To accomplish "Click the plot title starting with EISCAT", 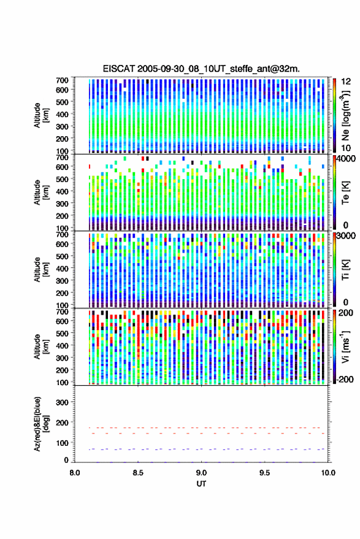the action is [201, 69].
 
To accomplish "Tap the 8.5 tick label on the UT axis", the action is [138, 473].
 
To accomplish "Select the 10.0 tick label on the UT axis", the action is [328, 473].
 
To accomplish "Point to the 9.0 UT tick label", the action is [201, 473].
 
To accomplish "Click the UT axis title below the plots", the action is [201, 484].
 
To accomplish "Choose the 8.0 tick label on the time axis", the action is [75, 473].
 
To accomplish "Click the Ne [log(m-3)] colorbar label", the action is [345, 115].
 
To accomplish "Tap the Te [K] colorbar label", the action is [345, 193].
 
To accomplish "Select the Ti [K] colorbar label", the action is [345, 270].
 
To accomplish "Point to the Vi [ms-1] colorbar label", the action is [345, 346].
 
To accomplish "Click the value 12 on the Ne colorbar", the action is [346, 82].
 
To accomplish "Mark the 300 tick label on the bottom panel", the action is [62, 402].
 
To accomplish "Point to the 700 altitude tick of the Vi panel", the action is [62, 312].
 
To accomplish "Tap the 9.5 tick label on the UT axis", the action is [264, 473].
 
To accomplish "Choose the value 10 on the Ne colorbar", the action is [346, 148].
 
